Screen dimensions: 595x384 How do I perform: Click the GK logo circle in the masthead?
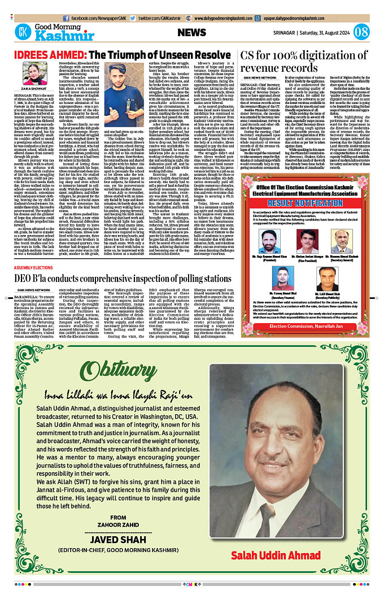coord(23,32)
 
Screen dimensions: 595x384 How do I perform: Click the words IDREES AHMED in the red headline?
coord(43,55)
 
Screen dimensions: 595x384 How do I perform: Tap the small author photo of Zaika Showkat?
coord(32,74)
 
